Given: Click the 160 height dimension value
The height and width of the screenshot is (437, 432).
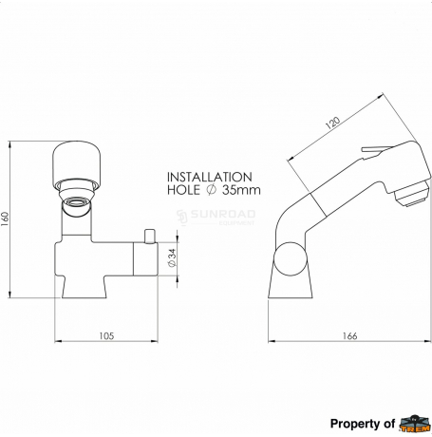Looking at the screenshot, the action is coord(6,218).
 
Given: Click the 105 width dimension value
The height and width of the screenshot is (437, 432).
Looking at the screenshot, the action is coord(106,336).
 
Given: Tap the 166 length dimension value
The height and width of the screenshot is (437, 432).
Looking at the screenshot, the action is coord(349,336).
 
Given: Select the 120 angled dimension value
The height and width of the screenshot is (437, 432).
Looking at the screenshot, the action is coord(332,123).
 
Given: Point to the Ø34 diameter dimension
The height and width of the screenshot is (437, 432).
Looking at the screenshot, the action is coord(172,257).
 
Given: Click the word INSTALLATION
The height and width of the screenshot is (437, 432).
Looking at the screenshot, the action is coord(210,177).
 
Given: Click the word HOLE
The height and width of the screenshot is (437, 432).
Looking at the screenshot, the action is coord(183,190).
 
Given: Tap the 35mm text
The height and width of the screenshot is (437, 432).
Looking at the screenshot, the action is coord(241,190).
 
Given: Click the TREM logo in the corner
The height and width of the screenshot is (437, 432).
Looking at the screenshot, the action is coord(415,424).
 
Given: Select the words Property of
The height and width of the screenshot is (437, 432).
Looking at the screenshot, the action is coord(363,424).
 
